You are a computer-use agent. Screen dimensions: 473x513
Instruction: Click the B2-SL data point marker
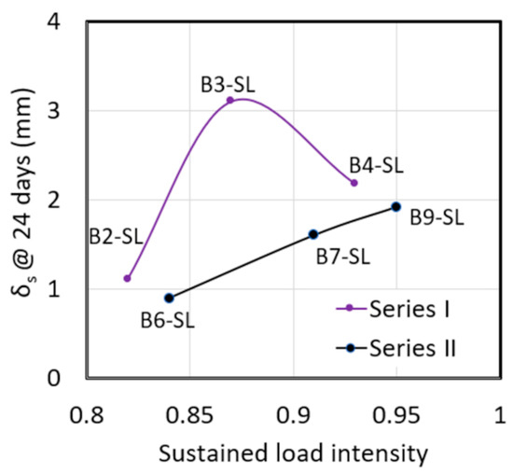127,278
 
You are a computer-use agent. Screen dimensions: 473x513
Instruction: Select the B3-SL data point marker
230,100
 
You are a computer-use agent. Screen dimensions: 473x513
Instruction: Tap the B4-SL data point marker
354,183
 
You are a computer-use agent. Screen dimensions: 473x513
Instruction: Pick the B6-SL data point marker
169,298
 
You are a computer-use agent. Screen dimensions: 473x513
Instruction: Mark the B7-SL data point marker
313,234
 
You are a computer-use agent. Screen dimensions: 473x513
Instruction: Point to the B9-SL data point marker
395,206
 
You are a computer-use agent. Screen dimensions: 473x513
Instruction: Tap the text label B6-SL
169,320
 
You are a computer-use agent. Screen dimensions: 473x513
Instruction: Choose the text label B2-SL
115,236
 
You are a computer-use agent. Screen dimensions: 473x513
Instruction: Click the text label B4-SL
376,165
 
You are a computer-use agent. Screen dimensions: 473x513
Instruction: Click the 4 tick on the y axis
66,22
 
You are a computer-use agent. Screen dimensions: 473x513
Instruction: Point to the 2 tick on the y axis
66,200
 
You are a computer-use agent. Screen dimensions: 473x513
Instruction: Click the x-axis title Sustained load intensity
294,453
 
